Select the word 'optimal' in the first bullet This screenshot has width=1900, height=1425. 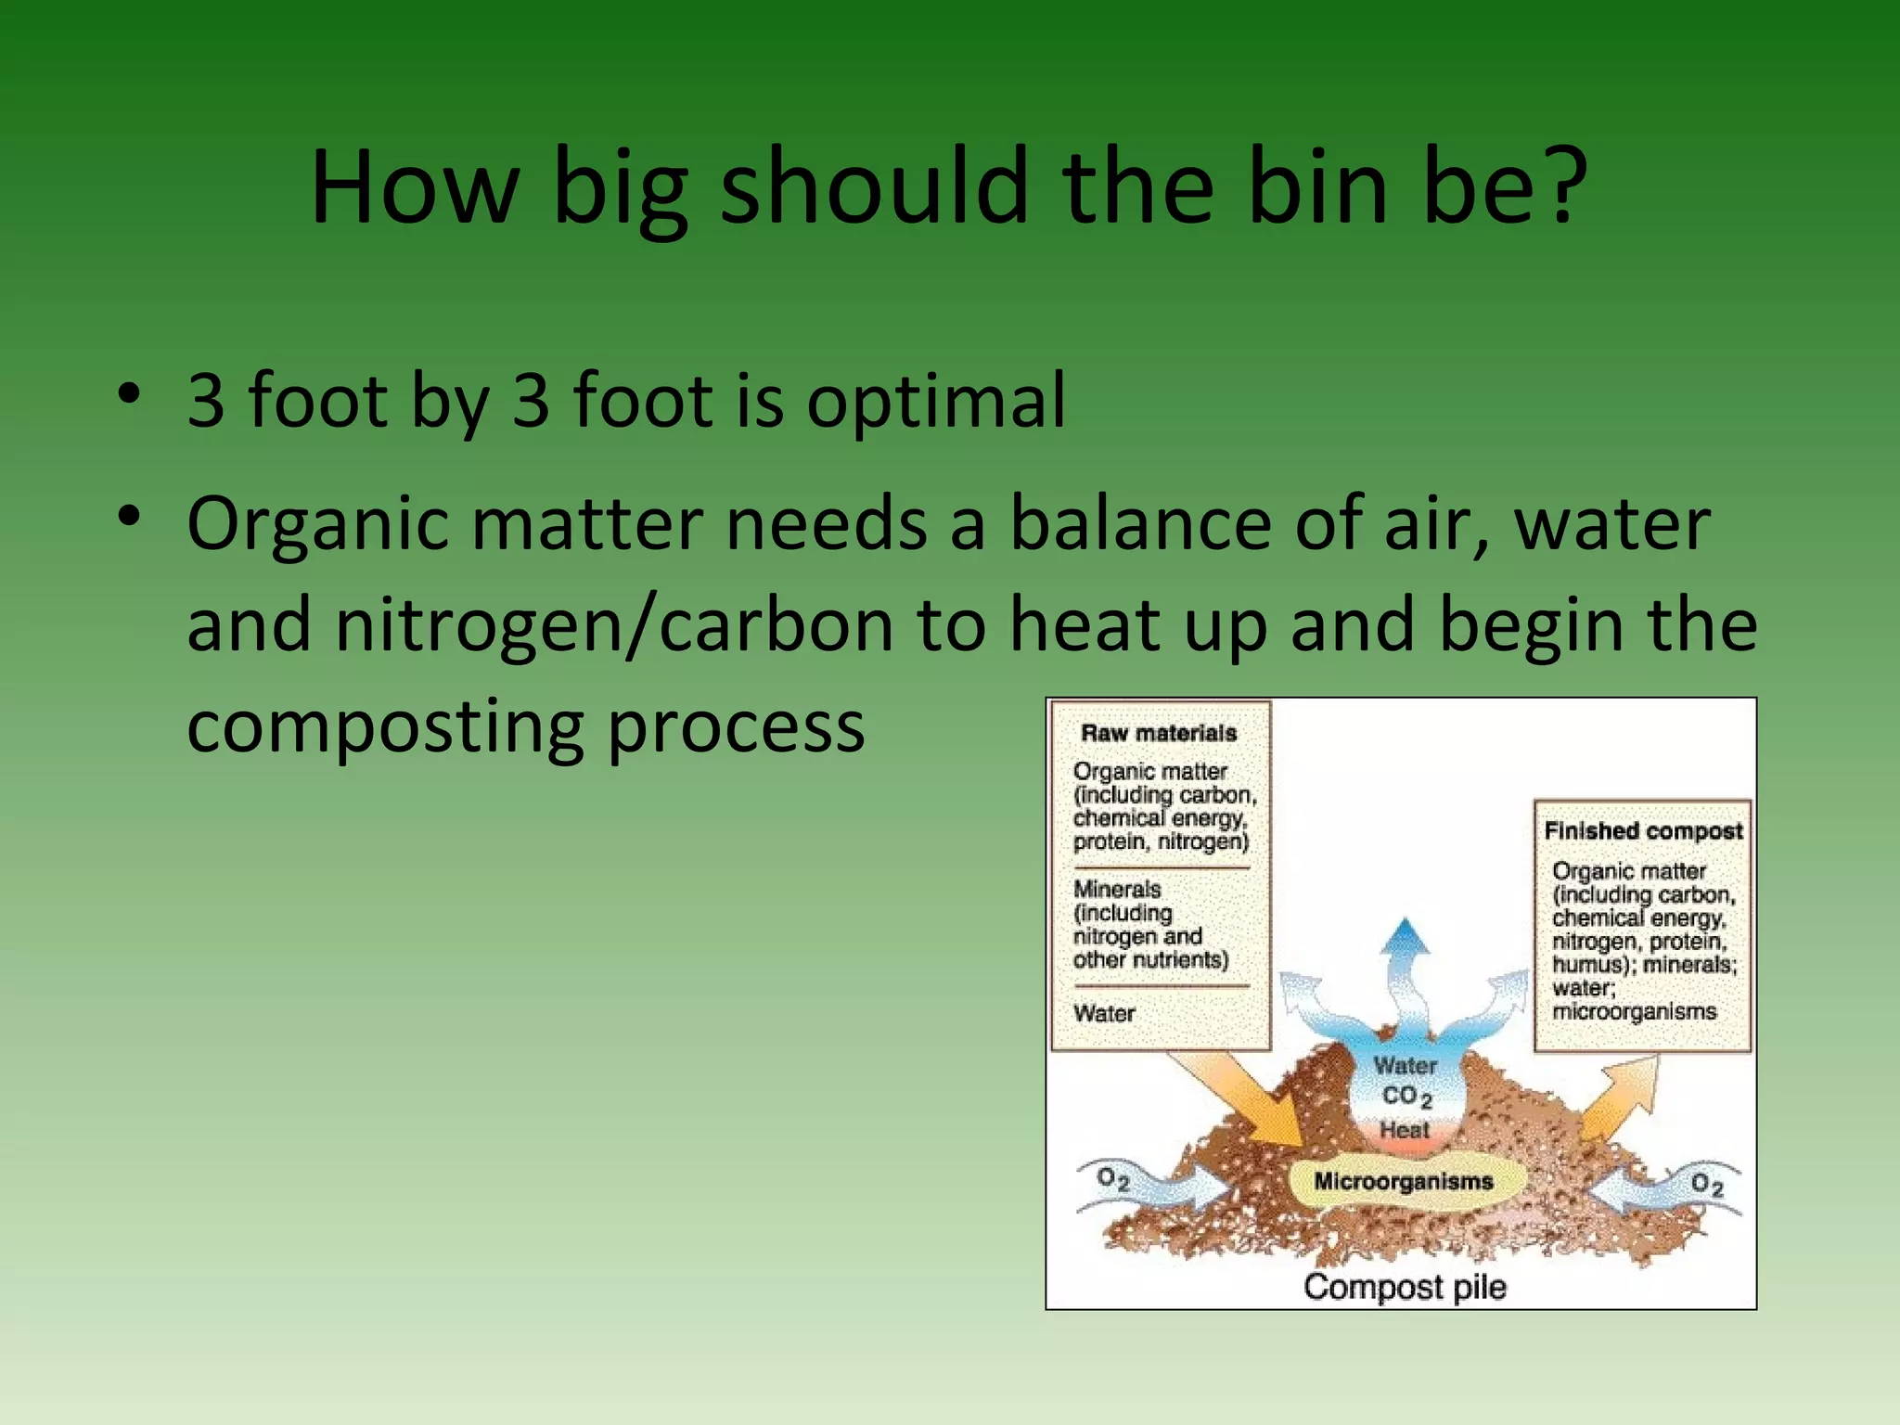pyautogui.click(x=936, y=401)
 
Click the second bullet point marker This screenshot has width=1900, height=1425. pyautogui.click(x=129, y=515)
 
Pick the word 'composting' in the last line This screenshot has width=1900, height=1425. pyautogui.click(x=385, y=727)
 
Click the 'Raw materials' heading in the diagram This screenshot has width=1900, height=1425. pyautogui.click(x=1159, y=733)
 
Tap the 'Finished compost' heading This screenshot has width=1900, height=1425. pyautogui.click(x=1643, y=831)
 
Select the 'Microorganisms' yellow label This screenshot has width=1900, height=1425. pyautogui.click(x=1403, y=1182)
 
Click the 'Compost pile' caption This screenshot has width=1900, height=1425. pyautogui.click(x=1404, y=1287)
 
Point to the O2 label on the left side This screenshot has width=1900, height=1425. pyautogui.click(x=1112, y=1179)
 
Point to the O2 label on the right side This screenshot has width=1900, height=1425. pyautogui.click(x=1706, y=1185)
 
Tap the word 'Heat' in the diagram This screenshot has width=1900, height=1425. pyautogui.click(x=1404, y=1130)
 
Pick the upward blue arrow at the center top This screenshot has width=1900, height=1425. pyautogui.click(x=1406, y=965)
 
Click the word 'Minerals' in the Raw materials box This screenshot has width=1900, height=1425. pyautogui.click(x=1117, y=889)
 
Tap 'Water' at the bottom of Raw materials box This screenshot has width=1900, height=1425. pyautogui.click(x=1104, y=1013)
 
